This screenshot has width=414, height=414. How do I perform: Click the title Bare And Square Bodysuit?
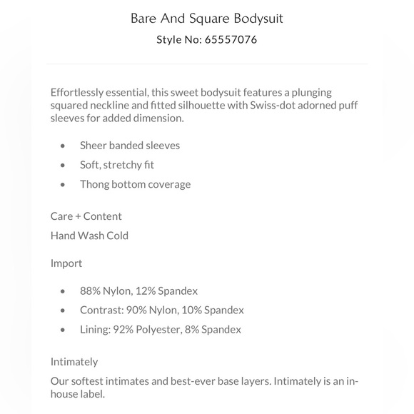click(x=206, y=18)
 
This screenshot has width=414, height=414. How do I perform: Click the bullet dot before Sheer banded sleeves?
click(x=64, y=146)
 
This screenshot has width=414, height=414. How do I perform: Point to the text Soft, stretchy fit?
click(x=117, y=165)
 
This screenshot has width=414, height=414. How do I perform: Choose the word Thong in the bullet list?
click(x=94, y=184)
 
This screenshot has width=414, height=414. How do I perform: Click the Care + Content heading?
click(x=86, y=216)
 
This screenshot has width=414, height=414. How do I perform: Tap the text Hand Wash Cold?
click(x=89, y=235)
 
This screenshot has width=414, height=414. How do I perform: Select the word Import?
click(x=66, y=263)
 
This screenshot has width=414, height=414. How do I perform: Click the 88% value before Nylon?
click(x=91, y=291)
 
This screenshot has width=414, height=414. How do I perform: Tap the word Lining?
click(x=96, y=329)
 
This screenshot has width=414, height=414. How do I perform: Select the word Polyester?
click(x=165, y=329)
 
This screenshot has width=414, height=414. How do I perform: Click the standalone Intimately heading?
click(x=74, y=361)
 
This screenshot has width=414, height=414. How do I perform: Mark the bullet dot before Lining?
click(x=64, y=330)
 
